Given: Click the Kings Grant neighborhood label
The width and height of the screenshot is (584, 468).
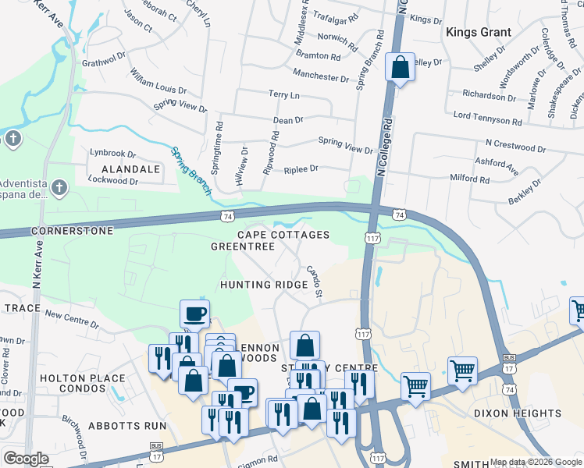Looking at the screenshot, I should (x=479, y=32).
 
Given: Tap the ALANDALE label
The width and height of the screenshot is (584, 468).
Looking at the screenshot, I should (x=125, y=168).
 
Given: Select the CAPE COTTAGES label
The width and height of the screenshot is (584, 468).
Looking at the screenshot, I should (x=283, y=235).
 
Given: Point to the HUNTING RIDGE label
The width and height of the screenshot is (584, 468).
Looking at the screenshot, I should (x=263, y=285).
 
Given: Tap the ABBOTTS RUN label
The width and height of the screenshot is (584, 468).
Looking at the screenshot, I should (x=127, y=426).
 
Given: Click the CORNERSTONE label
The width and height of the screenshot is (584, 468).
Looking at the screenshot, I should (x=72, y=231).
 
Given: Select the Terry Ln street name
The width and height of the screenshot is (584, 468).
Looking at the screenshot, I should (x=284, y=94).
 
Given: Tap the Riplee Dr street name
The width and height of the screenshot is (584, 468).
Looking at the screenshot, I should (x=301, y=168).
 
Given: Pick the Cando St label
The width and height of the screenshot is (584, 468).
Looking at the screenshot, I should (x=315, y=282).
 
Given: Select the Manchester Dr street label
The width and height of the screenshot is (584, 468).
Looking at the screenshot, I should (x=321, y=78).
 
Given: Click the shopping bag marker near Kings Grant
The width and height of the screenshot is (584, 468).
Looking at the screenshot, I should (x=400, y=67).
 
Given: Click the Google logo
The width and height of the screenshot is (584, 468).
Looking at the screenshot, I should (x=25, y=459).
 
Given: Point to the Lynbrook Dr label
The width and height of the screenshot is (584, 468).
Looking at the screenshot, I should (x=113, y=153).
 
